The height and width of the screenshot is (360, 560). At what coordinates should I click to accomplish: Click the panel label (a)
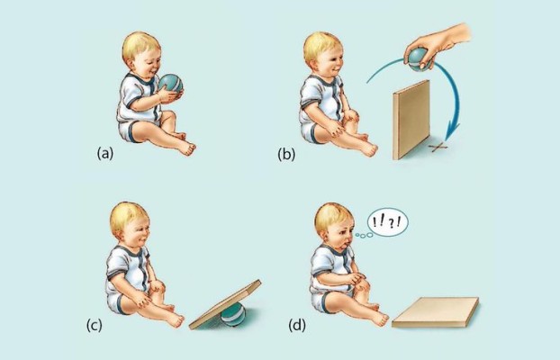[x=105, y=154]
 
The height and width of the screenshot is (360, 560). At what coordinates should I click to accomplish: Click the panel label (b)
[x=286, y=154]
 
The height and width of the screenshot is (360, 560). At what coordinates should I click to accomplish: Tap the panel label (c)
[x=95, y=326]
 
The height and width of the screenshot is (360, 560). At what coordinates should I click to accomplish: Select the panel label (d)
[x=297, y=326]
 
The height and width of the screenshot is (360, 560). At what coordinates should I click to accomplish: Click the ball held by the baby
[x=171, y=85]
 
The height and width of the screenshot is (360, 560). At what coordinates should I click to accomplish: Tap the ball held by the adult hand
[x=417, y=58]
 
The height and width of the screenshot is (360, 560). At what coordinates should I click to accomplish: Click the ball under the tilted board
[x=233, y=315]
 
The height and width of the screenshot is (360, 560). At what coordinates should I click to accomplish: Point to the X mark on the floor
[x=439, y=147]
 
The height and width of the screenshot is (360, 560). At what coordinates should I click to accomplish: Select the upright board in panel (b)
[x=411, y=120]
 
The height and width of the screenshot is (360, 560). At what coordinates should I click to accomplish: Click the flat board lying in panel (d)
[x=436, y=312]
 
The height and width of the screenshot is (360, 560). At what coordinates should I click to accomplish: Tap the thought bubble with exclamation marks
[x=387, y=222]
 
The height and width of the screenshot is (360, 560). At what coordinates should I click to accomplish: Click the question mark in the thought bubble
[x=392, y=224]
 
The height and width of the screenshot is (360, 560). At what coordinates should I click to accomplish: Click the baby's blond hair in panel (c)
[x=126, y=216]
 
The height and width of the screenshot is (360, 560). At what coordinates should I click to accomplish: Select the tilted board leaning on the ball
[x=225, y=304]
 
